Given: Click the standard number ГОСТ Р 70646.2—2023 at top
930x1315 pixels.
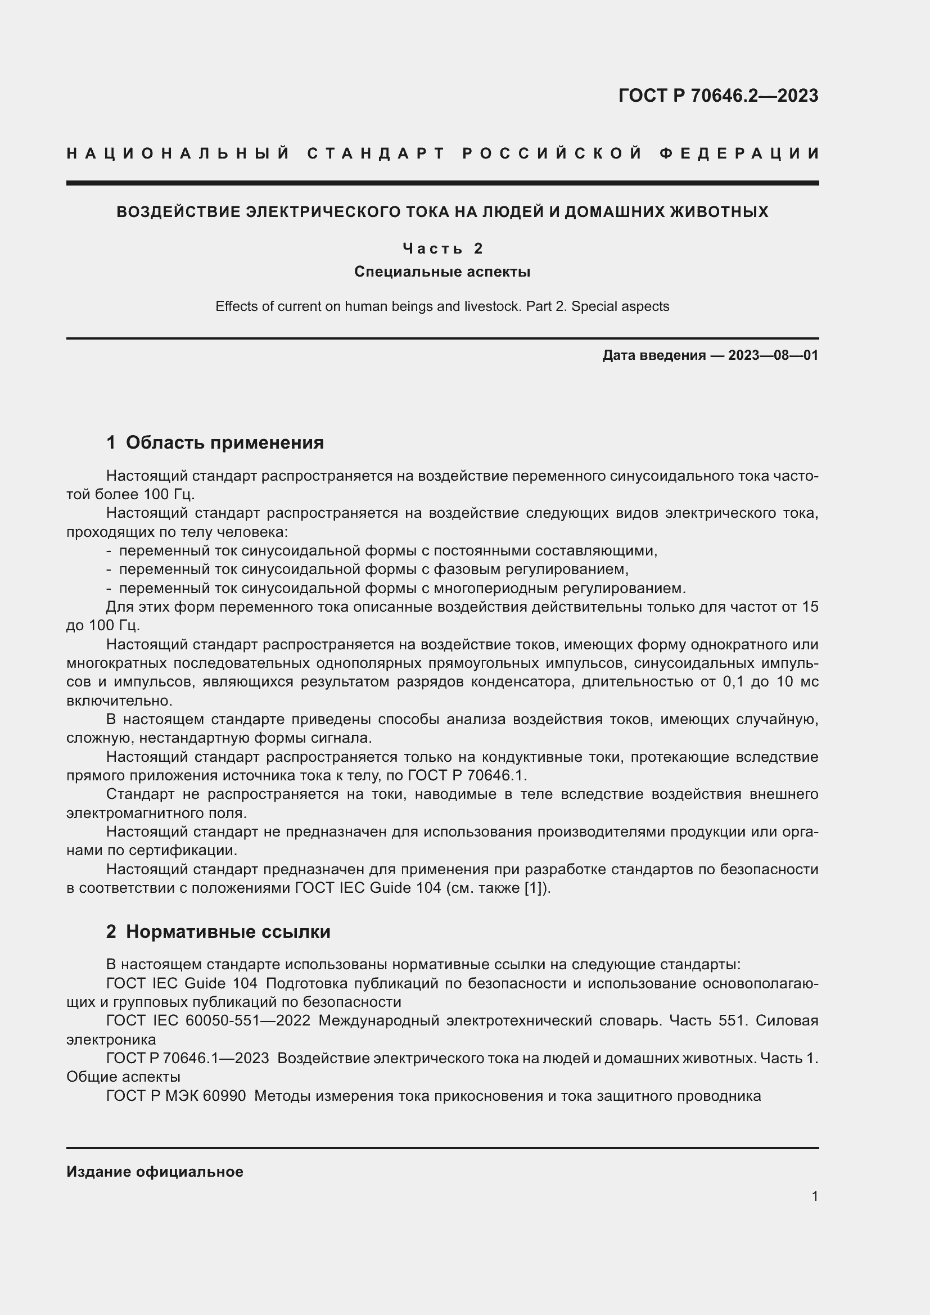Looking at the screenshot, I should pyautogui.click(x=718, y=96).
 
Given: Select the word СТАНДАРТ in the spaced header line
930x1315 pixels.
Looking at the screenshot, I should pyautogui.click(x=376, y=153).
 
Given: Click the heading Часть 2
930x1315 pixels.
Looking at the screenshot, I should pyautogui.click(x=442, y=248).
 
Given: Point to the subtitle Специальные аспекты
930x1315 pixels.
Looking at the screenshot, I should pyautogui.click(x=442, y=272).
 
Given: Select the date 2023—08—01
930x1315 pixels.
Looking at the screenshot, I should pyautogui.click(x=773, y=355).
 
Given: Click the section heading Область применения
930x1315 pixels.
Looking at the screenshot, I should pyautogui.click(x=224, y=442).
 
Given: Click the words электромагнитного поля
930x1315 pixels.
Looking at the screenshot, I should pyautogui.click(x=156, y=814).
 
